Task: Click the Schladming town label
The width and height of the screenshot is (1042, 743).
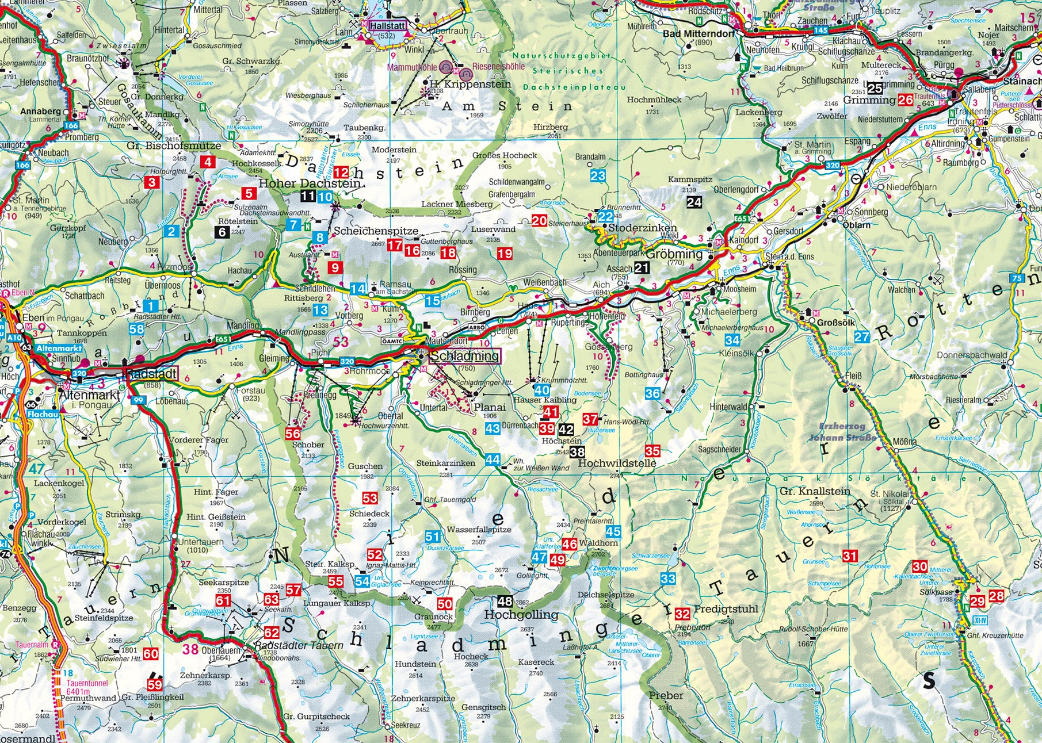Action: pyautogui.click(x=465, y=356)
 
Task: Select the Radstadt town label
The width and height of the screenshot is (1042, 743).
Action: pyautogui.click(x=151, y=373)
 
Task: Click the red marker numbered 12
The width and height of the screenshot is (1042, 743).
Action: pyautogui.click(x=341, y=171)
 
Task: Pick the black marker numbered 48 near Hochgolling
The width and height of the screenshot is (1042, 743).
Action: pyautogui.click(x=505, y=602)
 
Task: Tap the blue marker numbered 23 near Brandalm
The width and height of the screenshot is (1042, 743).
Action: pyautogui.click(x=598, y=175)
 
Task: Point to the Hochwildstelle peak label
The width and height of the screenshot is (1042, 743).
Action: pyautogui.click(x=617, y=462)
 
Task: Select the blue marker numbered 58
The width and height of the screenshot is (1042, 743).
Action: pyautogui.click(x=136, y=329)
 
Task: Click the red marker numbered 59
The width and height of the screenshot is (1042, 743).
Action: pyautogui.click(x=155, y=684)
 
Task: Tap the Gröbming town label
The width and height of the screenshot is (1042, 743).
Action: pyautogui.click(x=675, y=254)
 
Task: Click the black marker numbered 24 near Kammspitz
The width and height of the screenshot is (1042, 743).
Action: pyautogui.click(x=694, y=202)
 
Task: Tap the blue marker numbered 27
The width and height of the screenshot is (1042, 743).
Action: pyautogui.click(x=862, y=337)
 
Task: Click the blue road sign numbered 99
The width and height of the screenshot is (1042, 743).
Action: pyautogui.click(x=139, y=400)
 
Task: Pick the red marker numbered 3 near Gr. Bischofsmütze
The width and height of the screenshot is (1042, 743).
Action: pyautogui.click(x=152, y=183)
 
